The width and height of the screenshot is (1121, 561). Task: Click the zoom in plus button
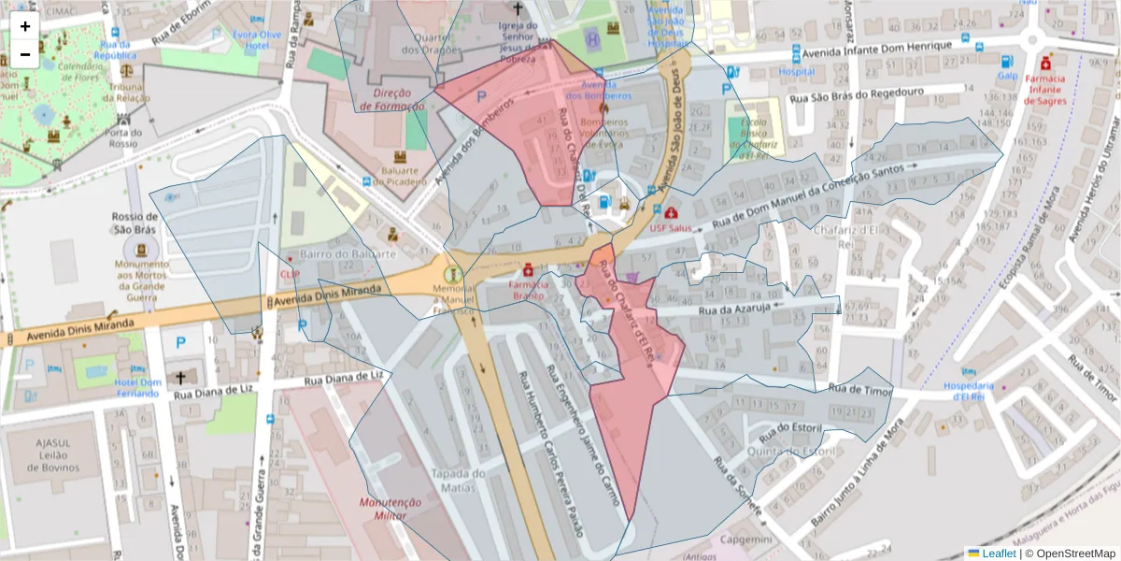tap(25, 26)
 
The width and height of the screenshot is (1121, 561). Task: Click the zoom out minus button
tap(25, 54)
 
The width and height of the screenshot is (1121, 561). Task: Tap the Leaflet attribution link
tap(999, 554)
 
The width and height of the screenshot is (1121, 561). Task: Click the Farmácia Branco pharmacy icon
tap(528, 268)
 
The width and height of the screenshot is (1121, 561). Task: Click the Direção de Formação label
tap(392, 100)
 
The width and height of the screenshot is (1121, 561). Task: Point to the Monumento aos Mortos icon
tap(141, 250)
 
